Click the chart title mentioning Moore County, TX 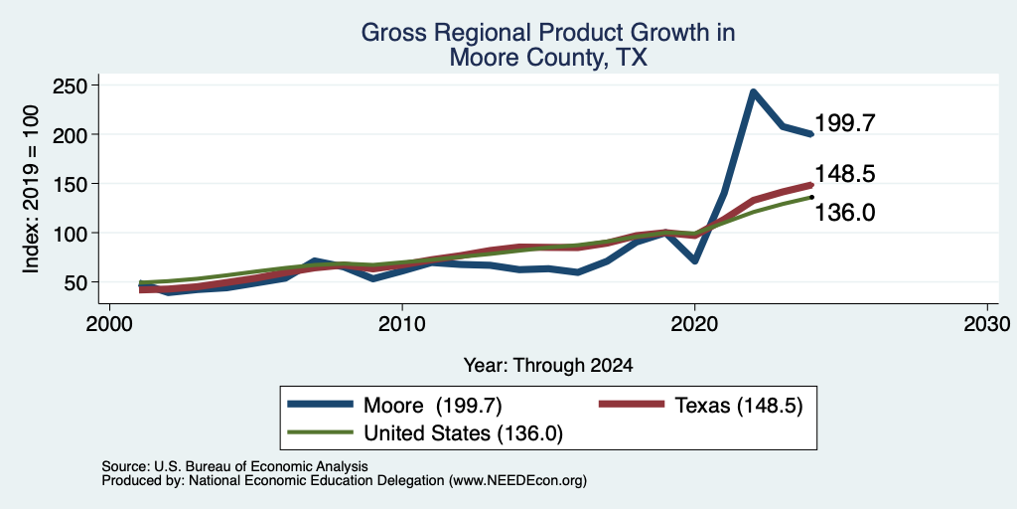[x=547, y=45]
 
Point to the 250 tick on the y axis [x=72, y=85]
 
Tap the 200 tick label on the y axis [x=72, y=134]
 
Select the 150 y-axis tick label [x=72, y=184]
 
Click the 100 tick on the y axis [x=72, y=233]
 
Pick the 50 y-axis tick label [x=77, y=282]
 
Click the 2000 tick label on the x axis [x=109, y=323]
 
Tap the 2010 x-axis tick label [x=402, y=323]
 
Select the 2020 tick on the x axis [x=694, y=323]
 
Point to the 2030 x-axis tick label [x=987, y=323]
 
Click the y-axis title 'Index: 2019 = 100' [x=31, y=190]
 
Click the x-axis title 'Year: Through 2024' [x=548, y=366]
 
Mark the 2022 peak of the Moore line [x=753, y=91]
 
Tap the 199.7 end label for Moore [x=845, y=122]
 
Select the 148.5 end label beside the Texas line [x=845, y=173]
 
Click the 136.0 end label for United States [x=845, y=213]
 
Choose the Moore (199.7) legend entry [x=395, y=405]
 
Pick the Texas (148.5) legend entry [x=701, y=405]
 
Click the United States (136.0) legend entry [x=425, y=433]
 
